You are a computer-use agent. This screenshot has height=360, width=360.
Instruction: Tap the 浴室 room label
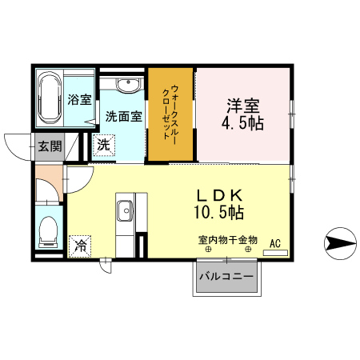coord(79,100)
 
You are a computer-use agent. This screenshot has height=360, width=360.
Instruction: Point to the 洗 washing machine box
coord(104,145)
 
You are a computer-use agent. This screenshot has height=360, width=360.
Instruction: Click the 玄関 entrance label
coord(49,146)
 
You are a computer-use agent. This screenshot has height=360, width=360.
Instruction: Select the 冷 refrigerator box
coord(81,246)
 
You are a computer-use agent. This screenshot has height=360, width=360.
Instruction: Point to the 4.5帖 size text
coord(243,124)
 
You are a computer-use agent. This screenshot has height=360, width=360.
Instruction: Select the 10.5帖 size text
coord(221,213)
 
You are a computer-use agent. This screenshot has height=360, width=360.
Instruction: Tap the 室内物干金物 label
coord(228,238)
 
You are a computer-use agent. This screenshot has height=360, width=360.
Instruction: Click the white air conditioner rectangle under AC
coord(274,253)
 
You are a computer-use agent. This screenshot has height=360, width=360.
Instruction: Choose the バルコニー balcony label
coord(226,277)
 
